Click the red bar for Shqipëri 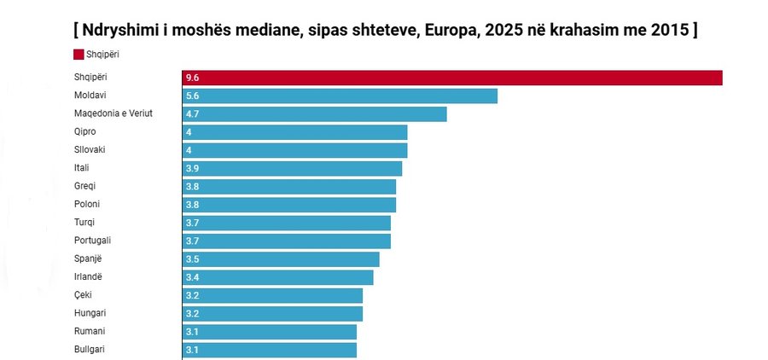(x=452, y=78)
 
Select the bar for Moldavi (x=340, y=96)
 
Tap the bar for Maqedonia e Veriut (x=314, y=114)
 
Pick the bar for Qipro (x=294, y=132)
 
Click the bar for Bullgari (x=270, y=350)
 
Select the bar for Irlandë (x=278, y=277)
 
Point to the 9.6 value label (x=192, y=78)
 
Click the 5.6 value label (x=192, y=96)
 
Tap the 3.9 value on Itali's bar (x=192, y=169)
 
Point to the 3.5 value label (x=192, y=259)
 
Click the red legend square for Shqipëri (x=79, y=55)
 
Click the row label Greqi (x=86, y=186)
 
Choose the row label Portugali (x=93, y=241)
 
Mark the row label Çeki (x=84, y=295)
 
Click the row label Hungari (x=90, y=313)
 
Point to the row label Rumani (x=90, y=331)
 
